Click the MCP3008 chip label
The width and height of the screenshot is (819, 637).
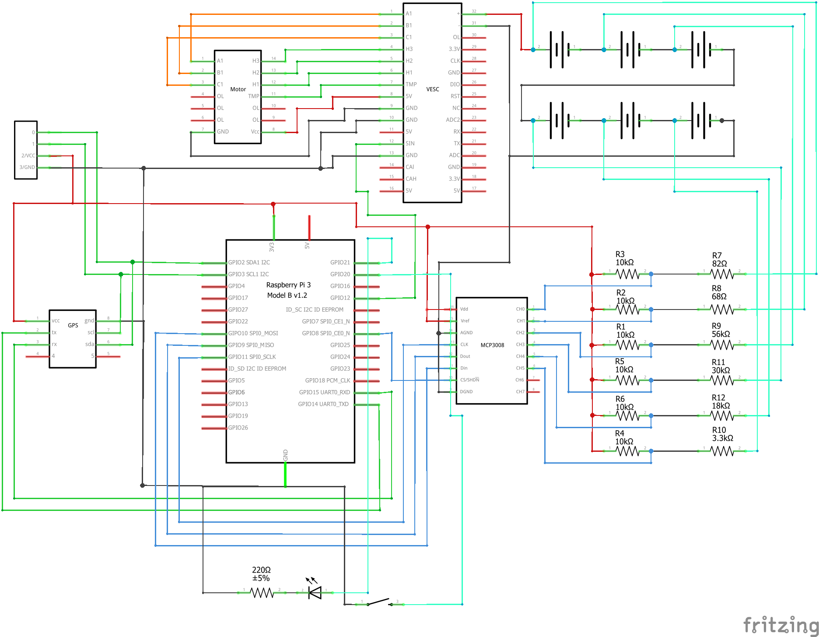[x=492, y=345]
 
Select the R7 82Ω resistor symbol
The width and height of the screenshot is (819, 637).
[x=721, y=274]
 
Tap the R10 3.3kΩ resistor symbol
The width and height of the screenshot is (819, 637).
[x=721, y=451]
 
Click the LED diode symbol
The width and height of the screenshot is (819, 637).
[x=315, y=593]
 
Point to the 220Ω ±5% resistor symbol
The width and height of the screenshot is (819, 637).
[x=262, y=593]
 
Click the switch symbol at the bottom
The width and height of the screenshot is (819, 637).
[x=379, y=602]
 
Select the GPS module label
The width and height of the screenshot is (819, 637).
[x=73, y=325]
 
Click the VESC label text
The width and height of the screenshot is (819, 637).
[x=432, y=89]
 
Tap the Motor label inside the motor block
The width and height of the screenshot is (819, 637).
[x=238, y=89]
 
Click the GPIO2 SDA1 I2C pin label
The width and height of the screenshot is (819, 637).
[x=249, y=262]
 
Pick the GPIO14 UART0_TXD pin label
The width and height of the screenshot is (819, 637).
[x=323, y=404]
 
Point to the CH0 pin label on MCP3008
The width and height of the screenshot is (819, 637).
[x=520, y=309]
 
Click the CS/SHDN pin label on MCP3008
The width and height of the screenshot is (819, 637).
[x=469, y=380]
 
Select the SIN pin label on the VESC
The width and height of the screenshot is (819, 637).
[x=410, y=143]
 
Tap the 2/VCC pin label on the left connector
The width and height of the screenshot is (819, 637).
[x=28, y=155]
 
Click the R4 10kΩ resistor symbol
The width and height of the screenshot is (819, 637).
[x=627, y=451]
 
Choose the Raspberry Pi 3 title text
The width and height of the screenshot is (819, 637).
[x=288, y=285]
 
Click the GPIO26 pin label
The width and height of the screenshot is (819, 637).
[x=238, y=428]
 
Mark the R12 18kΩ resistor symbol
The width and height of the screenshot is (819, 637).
[x=721, y=415]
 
